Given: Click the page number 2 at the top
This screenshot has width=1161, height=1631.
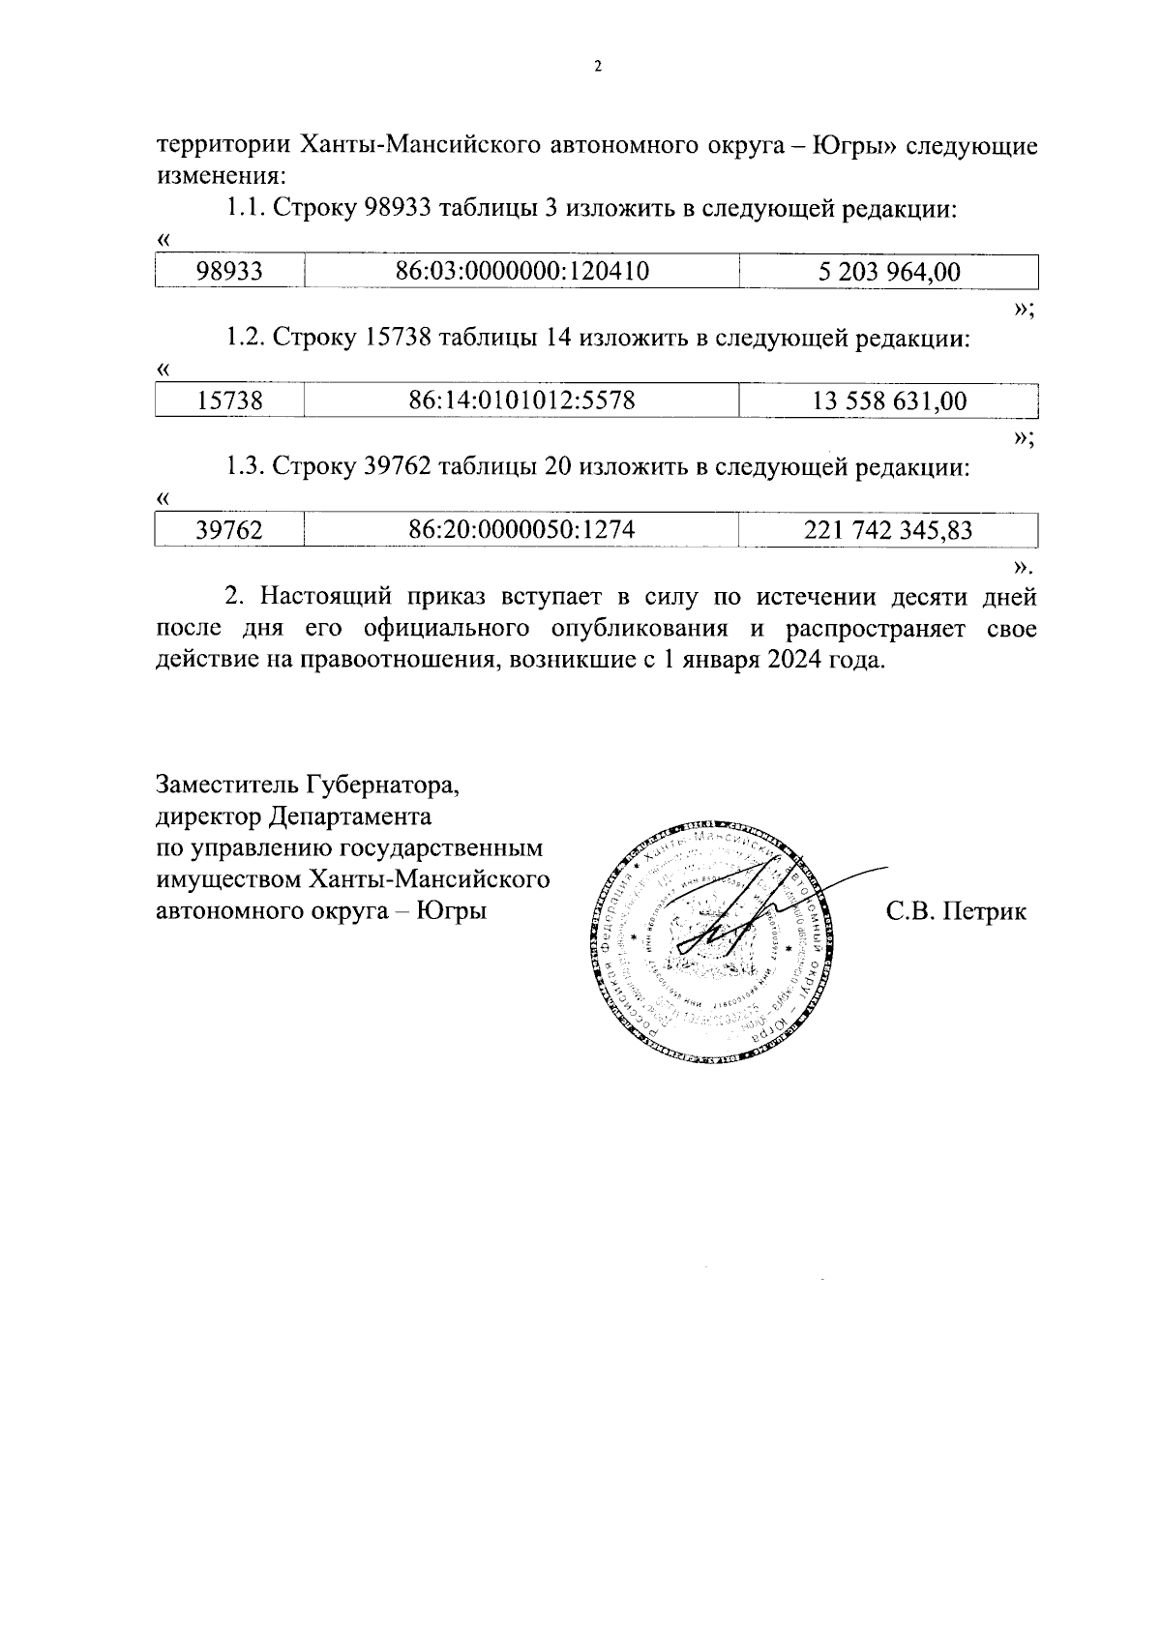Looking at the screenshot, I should coord(597,67).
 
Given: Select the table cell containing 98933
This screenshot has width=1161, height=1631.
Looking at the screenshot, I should coord(229,272).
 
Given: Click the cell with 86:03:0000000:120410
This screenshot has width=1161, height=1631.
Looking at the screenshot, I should coord(521,272).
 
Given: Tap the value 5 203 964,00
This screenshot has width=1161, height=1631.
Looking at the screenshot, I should coord(888,272).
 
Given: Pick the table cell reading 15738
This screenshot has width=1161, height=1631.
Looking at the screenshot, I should coord(229,400).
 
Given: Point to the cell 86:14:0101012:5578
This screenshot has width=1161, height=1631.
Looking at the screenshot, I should coord(521,400).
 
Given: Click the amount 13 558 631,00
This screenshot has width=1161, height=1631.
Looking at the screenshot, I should coord(888,400).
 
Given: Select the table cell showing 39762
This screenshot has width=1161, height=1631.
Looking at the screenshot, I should coord(229,530).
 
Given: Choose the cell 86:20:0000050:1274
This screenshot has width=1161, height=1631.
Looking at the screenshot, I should coord(521,530).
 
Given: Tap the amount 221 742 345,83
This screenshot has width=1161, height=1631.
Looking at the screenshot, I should coord(888,530).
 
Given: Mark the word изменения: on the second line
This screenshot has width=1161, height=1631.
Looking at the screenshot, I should coord(222,177).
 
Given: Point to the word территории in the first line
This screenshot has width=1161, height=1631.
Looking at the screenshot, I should coord(223,146).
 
